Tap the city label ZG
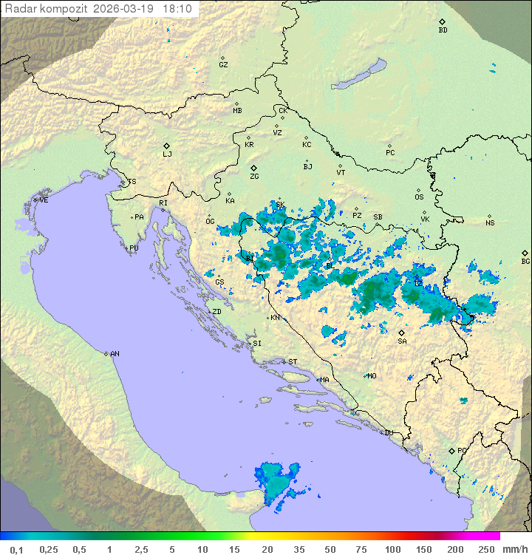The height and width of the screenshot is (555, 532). (x=254, y=177)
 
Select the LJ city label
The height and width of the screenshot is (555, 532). (x=167, y=154)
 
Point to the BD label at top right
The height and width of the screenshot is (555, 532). (x=443, y=30)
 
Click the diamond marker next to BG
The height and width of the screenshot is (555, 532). (x=525, y=253)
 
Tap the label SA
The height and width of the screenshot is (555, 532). (x=402, y=341)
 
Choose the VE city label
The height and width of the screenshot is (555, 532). (x=44, y=200)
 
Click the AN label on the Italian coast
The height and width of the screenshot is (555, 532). (x=115, y=354)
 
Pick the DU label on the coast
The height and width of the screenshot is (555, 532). (x=389, y=433)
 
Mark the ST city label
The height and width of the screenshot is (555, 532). (x=293, y=362)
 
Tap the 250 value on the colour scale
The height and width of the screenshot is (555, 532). (x=486, y=548)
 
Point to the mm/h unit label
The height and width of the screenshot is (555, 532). (x=514, y=548)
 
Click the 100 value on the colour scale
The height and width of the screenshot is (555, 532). (x=392, y=548)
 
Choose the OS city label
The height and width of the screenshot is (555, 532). (x=419, y=197)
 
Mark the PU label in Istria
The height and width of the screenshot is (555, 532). (x=134, y=248)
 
